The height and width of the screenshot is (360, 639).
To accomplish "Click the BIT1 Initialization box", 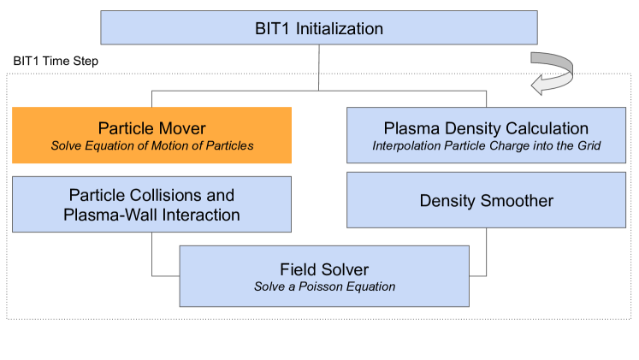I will click(319, 27).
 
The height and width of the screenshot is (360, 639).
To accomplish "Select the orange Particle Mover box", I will click(152, 135).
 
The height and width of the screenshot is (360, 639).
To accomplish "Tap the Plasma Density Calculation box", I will click(485, 135).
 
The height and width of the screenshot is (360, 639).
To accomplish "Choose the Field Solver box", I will click(324, 275).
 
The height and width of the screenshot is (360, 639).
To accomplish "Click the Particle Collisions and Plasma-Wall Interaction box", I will click(152, 205).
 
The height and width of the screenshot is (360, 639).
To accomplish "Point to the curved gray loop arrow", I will click(552, 74).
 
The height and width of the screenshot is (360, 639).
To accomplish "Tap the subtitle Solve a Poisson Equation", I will click(324, 286).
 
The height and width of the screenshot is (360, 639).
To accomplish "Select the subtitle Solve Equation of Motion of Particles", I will click(152, 145).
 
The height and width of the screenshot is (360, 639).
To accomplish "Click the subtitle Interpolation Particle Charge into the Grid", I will click(485, 145).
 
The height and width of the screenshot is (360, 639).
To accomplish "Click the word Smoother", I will click(517, 202).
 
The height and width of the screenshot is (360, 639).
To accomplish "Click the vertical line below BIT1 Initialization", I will click(319, 66).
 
